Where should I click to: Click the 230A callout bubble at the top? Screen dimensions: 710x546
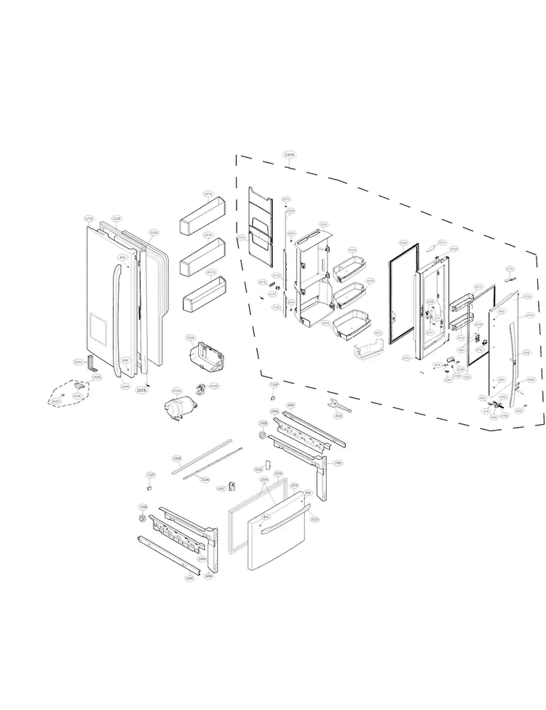(289, 154)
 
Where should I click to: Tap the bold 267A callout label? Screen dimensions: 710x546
(142, 391)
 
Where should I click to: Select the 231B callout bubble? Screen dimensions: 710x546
(89, 218)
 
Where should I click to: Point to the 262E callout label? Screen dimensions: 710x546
(339, 415)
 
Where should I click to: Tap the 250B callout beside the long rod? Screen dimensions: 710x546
(176, 458)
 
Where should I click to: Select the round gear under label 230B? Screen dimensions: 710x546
(143, 518)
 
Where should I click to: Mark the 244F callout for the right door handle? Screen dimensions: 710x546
(526, 352)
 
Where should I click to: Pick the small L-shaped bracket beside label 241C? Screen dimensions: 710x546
(91, 362)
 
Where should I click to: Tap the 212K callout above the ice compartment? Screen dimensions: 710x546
(324, 224)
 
